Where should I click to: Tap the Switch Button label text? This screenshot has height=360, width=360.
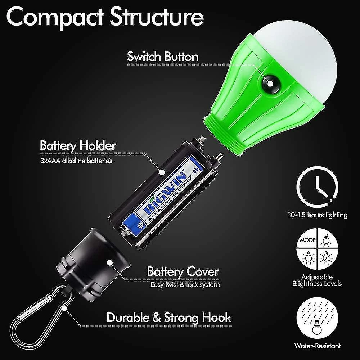pyautogui.click(x=162, y=57)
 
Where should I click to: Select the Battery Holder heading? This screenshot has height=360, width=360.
pyautogui.click(x=78, y=146)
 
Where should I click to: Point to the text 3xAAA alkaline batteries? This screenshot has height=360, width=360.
pyautogui.click(x=76, y=161)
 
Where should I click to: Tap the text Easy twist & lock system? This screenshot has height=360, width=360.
pyautogui.click(x=185, y=285)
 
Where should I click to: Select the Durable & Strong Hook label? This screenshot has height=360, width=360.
pyautogui.click(x=169, y=318)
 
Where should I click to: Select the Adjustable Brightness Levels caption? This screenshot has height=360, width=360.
pyautogui.click(x=317, y=280)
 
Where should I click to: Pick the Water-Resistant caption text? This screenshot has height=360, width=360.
pyautogui.click(x=317, y=346)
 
